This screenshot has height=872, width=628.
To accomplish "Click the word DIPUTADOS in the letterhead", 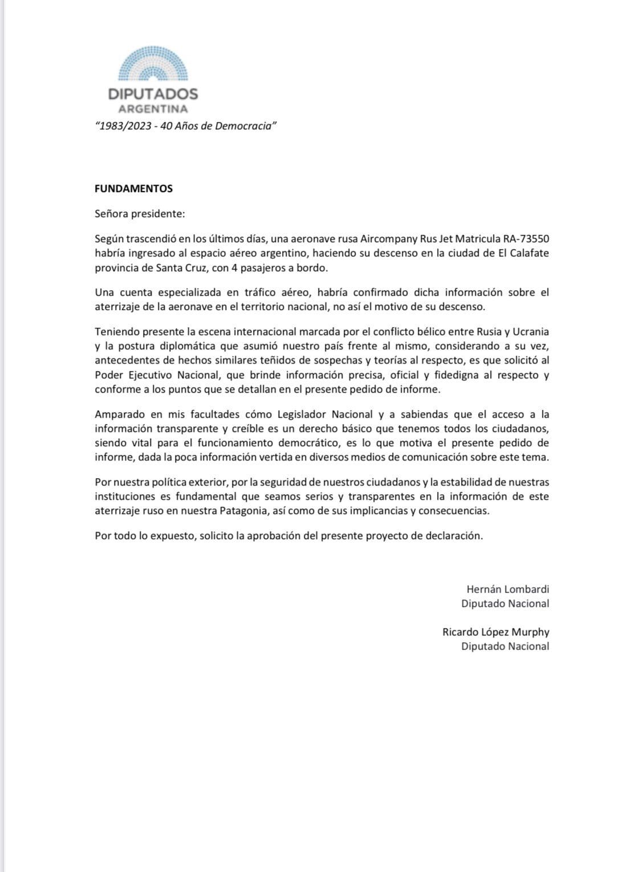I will pyautogui.click(x=153, y=94).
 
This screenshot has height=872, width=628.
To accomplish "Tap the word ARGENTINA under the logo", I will pyautogui.click(x=153, y=109).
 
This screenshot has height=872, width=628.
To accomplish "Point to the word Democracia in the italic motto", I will pyautogui.click(x=246, y=126).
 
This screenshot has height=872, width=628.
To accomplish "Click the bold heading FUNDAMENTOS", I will pyautogui.click(x=133, y=188).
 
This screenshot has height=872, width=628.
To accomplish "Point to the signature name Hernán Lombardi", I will pyautogui.click(x=507, y=589).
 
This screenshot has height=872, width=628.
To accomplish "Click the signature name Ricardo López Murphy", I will pyautogui.click(x=495, y=632).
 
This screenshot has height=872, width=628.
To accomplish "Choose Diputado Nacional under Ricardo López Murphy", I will pyautogui.click(x=505, y=646).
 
